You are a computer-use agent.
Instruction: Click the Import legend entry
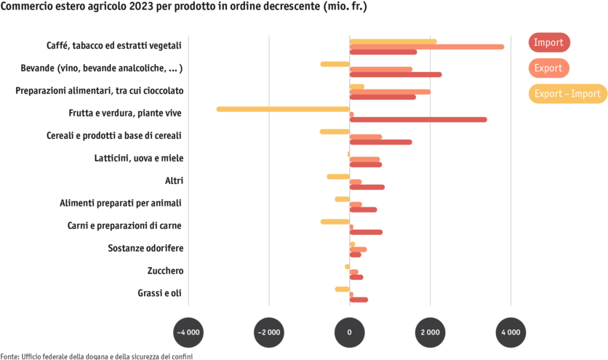tap(549, 42)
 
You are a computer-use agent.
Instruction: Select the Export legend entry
tap(548, 68)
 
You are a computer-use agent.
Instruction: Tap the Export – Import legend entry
tap(567, 93)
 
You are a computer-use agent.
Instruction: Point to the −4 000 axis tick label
tap(188, 332)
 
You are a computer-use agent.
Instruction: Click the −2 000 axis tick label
tap(269, 332)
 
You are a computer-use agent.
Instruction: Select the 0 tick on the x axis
tap(350, 332)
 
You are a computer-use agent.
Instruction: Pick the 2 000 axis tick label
tap(430, 332)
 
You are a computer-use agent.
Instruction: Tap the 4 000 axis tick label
tap(511, 332)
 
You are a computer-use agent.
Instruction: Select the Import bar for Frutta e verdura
tap(419, 119)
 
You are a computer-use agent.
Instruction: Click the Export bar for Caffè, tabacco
tap(427, 47)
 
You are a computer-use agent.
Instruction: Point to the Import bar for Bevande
tap(396, 74)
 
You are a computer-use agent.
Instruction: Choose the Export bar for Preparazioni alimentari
tap(391, 92)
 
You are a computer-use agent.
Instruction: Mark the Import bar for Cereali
tap(381, 142)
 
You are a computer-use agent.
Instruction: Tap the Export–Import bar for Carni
tap(335, 221)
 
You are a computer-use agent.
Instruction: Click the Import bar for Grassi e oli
tap(359, 300)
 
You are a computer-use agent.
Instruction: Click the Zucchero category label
tap(165, 271)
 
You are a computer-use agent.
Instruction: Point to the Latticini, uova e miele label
tap(139, 158)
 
